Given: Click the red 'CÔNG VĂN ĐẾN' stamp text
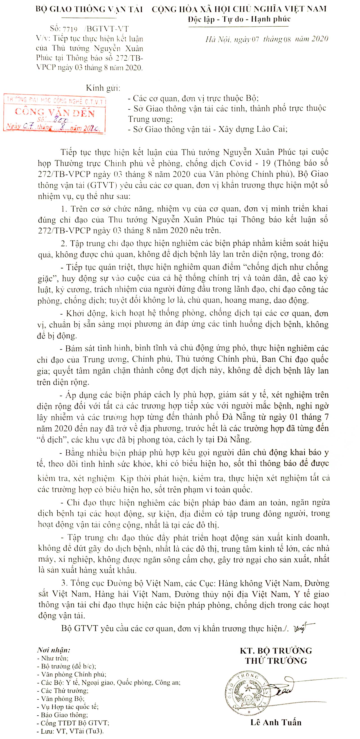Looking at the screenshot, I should pos(54,113).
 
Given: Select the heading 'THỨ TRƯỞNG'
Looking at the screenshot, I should pos(276,661).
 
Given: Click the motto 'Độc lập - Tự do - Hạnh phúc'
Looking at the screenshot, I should pos(239,19).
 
